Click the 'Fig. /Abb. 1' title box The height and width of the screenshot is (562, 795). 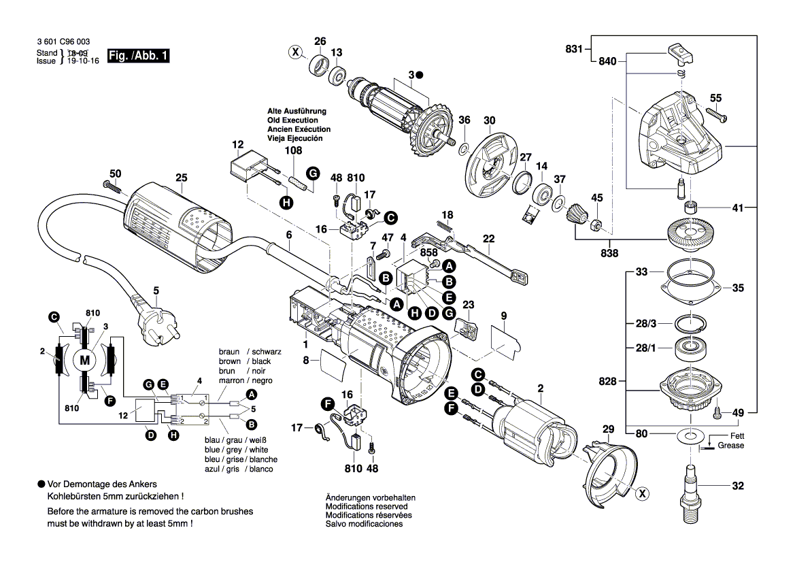(138, 56)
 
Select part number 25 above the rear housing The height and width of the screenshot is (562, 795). (180, 178)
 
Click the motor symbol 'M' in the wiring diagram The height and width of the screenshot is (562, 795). (85, 359)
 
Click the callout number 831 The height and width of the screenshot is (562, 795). (574, 48)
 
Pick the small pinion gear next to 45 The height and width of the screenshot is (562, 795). (575, 218)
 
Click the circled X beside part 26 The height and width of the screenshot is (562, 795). (294, 52)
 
